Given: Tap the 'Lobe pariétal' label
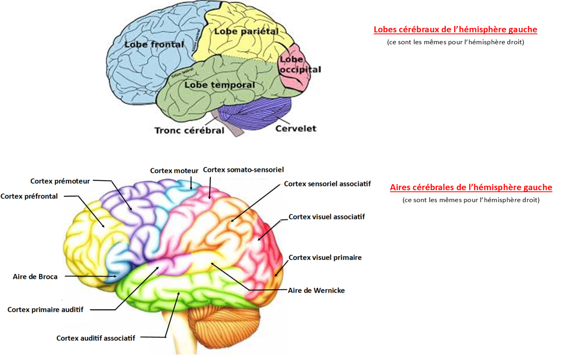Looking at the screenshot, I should (x=246, y=31).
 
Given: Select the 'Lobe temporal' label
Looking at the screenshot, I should (x=220, y=85).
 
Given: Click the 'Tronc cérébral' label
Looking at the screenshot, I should (x=189, y=130).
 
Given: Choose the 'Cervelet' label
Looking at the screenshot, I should (x=296, y=128).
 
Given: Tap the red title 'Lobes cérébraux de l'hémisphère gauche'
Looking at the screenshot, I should (x=455, y=30).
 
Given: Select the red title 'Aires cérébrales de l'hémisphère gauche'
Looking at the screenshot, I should (x=471, y=188).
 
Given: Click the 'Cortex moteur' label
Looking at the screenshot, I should (x=174, y=171).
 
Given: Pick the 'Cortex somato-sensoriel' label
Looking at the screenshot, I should (x=243, y=170).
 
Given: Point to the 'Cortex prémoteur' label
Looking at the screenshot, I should (x=60, y=181).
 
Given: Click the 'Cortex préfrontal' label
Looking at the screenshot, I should (x=29, y=197).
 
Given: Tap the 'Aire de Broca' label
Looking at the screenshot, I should (x=35, y=277).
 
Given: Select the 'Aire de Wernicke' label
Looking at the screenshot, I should (x=316, y=290).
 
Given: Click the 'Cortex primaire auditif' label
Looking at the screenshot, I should (x=46, y=309).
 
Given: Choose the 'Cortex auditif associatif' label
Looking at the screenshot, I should (x=96, y=338).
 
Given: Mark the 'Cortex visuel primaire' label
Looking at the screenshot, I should (x=325, y=257).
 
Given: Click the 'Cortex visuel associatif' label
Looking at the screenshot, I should (x=327, y=217).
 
